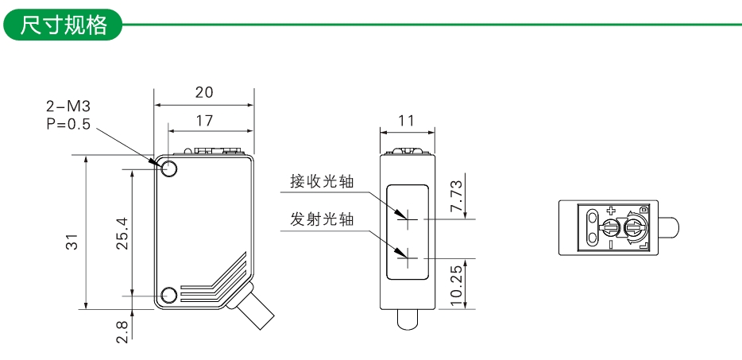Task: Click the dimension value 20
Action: tap(204, 92)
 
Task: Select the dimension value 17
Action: tap(204, 121)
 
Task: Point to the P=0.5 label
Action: tap(68, 124)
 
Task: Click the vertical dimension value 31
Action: tap(71, 242)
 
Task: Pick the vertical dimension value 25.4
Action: tap(122, 232)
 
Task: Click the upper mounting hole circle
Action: tap(169, 168)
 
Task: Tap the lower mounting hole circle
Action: tap(169, 296)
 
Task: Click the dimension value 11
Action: tap(407, 121)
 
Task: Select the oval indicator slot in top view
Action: tap(592, 227)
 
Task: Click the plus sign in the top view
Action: tap(611, 211)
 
